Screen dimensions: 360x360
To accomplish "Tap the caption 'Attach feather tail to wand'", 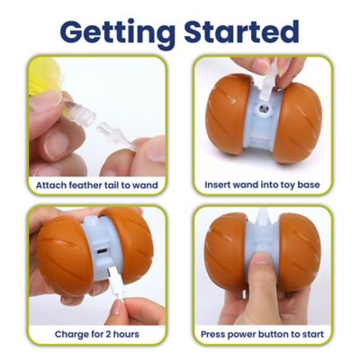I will tap(96, 186).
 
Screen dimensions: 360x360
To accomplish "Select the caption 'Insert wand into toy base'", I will tap(262, 186).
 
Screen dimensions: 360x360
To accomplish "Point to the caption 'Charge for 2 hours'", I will tap(96, 334).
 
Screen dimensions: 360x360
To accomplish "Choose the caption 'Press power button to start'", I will tap(262, 334).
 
